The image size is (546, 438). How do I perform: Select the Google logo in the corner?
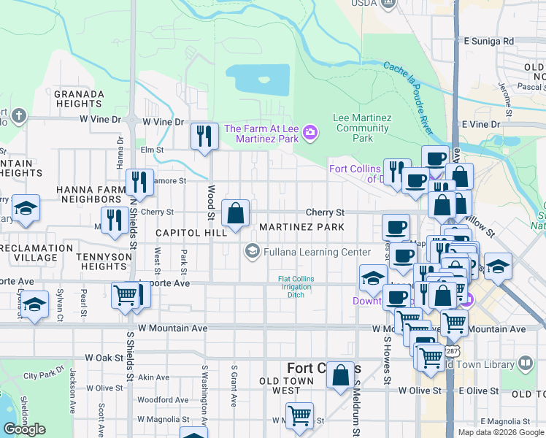tap(24, 429)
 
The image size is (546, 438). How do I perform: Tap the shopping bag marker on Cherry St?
tap(236, 214)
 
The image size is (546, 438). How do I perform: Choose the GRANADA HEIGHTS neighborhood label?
tap(79, 99)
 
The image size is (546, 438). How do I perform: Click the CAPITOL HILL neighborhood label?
tap(191, 232)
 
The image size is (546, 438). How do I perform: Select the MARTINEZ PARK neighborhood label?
tap(301, 228)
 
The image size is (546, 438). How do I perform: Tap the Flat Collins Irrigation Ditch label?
tap(299, 285)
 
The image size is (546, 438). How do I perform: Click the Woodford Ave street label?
tap(164, 399)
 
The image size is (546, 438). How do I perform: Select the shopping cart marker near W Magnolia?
tap(299, 416)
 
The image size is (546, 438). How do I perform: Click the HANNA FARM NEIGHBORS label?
tap(90, 194)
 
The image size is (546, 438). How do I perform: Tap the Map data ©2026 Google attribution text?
tap(500, 432)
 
